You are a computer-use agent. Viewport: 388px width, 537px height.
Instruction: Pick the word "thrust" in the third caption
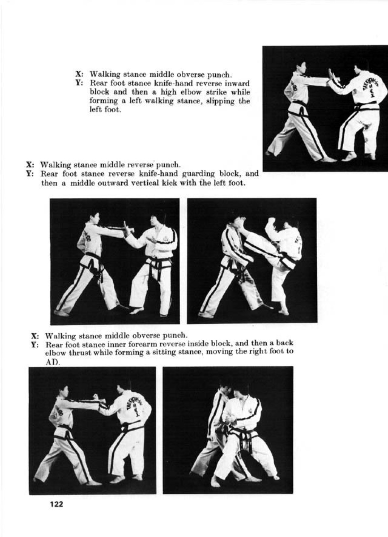coord(79,353)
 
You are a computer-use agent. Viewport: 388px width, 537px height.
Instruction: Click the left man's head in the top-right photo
coord(300,68)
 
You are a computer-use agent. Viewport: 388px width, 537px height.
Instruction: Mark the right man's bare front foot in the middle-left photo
coord(136,310)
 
